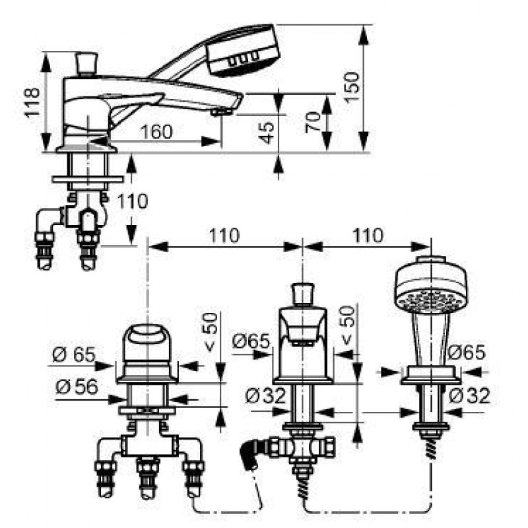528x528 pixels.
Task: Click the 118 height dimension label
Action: [32, 102]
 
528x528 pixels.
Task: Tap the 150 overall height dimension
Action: [352, 87]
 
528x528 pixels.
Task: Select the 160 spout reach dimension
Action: [156, 131]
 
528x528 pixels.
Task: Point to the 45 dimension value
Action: [269, 133]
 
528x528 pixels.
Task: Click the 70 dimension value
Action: [313, 122]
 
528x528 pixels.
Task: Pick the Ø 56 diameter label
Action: [77, 387]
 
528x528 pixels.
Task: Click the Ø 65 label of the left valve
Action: [74, 354]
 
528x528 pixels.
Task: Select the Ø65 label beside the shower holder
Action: [467, 352]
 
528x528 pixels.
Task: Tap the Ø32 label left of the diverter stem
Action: [265, 395]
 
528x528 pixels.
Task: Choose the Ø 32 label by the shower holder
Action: [469, 395]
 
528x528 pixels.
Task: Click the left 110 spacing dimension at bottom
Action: [224, 236]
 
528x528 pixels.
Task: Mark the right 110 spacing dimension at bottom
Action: [368, 236]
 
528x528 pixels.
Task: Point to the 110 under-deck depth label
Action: [133, 201]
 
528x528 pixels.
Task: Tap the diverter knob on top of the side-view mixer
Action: [86, 63]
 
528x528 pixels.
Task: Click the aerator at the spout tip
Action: [222, 112]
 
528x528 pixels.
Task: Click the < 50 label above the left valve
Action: [211, 332]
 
